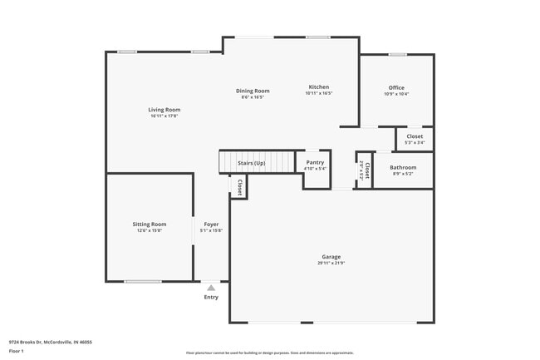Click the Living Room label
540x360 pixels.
tap(164, 110)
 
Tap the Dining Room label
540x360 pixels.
tap(253, 91)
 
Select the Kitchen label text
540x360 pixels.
tap(319, 87)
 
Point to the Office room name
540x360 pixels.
tap(396, 87)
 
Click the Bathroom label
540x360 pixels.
tap(403, 167)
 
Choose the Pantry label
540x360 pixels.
tap(315, 162)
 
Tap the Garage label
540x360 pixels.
tap(331, 257)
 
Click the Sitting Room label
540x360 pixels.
tap(150, 224)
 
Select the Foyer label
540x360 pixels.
tap(211, 224)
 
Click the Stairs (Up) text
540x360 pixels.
tap(252, 163)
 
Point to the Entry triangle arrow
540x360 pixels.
tap(211, 288)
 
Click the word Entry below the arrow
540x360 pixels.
tap(211, 297)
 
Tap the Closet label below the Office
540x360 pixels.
tap(415, 136)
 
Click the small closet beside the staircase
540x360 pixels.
tap(239, 187)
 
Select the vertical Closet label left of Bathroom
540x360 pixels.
tap(366, 170)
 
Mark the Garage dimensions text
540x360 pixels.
tap(331, 264)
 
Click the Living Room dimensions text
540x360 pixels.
tap(164, 116)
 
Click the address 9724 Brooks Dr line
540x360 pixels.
tap(50, 342)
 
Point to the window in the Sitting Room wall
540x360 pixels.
tap(143, 281)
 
